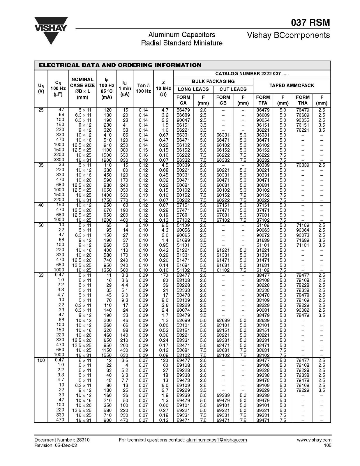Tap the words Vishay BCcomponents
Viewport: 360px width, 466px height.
tap(288, 35)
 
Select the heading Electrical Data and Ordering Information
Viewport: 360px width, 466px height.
tap(120, 65)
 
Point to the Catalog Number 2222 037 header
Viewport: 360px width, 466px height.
tap(252, 74)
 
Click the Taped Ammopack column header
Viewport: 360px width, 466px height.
tap(292, 85)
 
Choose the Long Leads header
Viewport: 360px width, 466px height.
tap(193, 89)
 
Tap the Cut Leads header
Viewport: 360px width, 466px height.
tap(233, 89)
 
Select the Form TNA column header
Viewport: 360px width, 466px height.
tap(303, 100)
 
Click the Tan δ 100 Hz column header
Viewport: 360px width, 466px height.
tap(143, 88)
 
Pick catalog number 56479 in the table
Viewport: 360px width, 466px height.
tap(183, 110)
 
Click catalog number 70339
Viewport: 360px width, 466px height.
tap(303, 165)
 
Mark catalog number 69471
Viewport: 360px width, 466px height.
tap(223, 420)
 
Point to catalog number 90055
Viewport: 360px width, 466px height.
tap(303, 120)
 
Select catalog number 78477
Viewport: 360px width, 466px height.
tap(303, 275)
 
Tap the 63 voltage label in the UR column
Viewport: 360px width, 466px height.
tap(41, 275)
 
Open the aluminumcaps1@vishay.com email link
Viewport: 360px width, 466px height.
tap(216, 440)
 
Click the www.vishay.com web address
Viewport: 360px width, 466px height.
tap(314, 440)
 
